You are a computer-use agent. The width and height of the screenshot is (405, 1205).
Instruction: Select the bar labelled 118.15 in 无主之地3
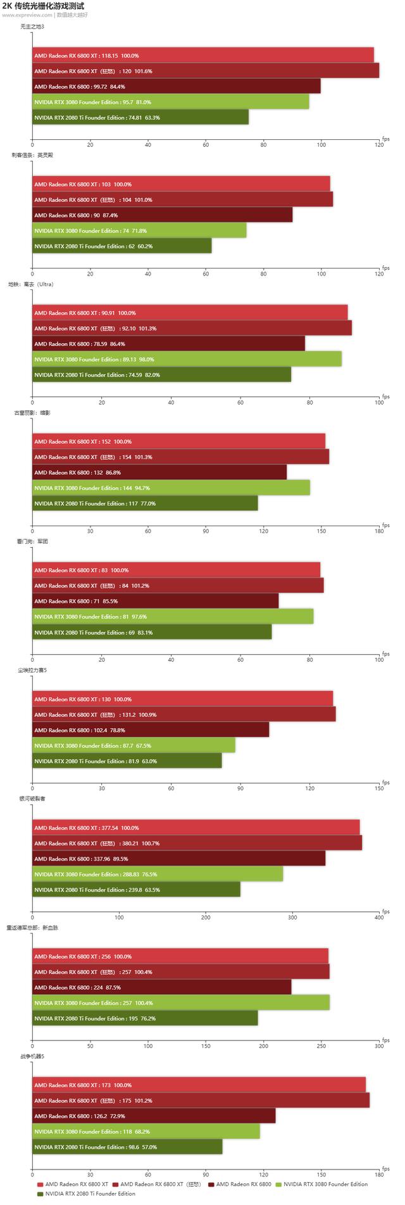pyautogui.click(x=202, y=56)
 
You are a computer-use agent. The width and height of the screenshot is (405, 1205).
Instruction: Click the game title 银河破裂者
pyautogui.click(x=33, y=798)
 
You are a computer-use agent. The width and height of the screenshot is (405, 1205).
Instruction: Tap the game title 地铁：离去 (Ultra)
pyautogui.click(x=35, y=284)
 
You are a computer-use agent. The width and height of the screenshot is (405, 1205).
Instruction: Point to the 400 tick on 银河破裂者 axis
pyautogui.click(x=379, y=917)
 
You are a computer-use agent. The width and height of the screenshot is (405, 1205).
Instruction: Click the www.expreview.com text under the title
pyautogui.click(x=27, y=15)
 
